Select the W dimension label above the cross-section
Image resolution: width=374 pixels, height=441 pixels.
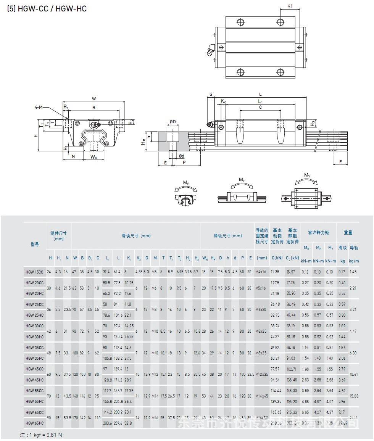click(94, 99)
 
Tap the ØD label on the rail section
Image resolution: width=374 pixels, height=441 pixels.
click(172, 122)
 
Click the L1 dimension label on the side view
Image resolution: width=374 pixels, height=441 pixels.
click(260, 101)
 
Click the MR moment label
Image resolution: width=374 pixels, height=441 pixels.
click(186, 183)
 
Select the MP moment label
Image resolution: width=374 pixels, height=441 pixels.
click(242, 179)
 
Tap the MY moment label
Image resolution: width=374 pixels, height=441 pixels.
click(307, 175)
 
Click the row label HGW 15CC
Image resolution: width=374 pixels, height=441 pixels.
click(34, 272)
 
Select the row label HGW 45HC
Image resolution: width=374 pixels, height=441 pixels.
click(34, 380)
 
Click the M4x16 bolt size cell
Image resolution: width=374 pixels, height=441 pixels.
click(262, 272)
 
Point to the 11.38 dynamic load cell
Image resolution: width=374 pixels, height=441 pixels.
click(276, 272)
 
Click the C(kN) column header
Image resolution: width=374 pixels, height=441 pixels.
click(277, 258)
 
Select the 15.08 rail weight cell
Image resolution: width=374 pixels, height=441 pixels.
click(354, 396)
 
